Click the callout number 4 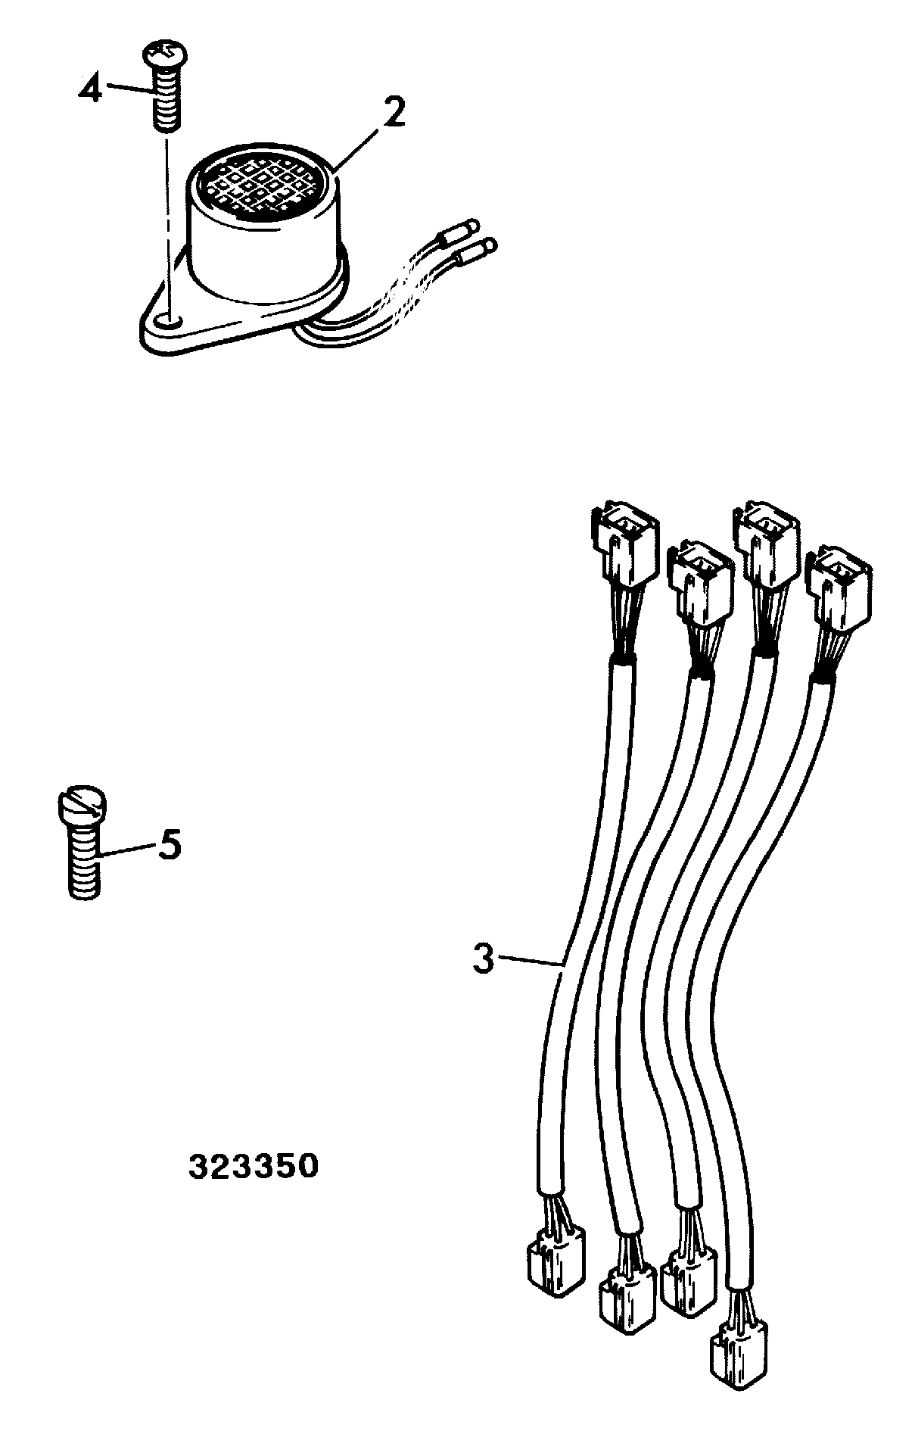(90, 91)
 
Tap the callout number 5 (170, 844)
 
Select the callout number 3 (483, 958)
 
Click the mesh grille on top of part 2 (267, 185)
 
